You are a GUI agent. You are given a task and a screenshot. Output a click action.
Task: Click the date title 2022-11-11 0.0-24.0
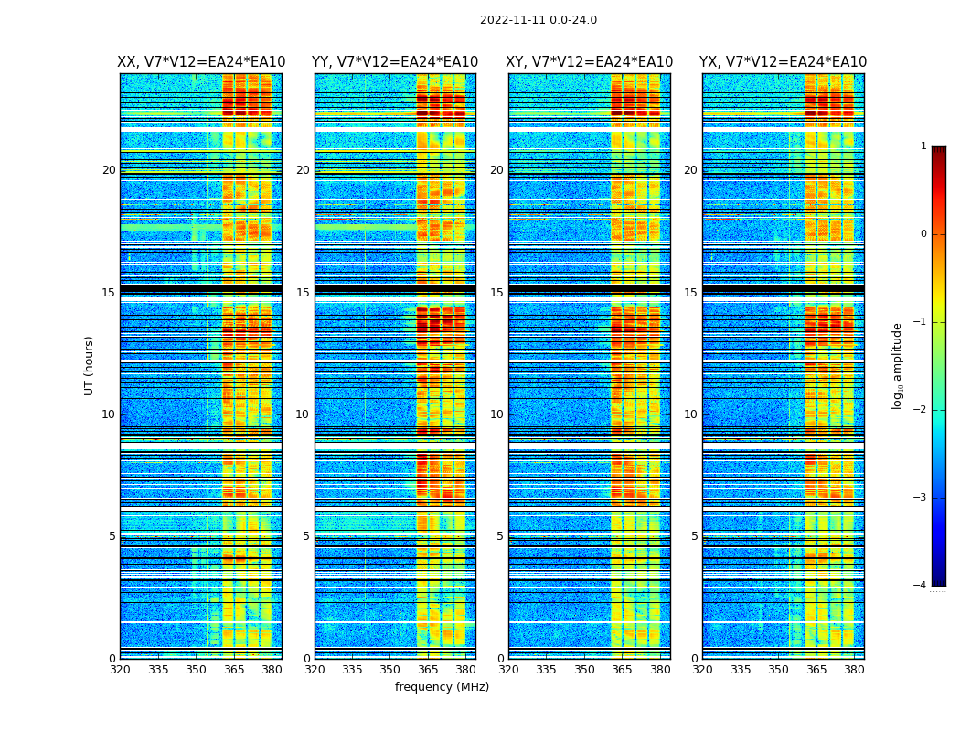tap(539, 20)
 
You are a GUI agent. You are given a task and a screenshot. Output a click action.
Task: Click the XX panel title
tap(201, 62)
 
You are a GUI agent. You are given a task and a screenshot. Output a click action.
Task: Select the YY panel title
tap(395, 62)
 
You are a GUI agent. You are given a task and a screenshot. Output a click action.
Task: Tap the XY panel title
tap(590, 62)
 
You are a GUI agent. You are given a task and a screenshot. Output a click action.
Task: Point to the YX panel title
tap(784, 62)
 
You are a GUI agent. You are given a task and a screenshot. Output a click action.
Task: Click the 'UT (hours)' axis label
tap(90, 365)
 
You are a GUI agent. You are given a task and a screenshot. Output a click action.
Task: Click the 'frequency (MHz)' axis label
tap(442, 687)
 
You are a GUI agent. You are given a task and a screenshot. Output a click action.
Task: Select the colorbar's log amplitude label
tap(898, 365)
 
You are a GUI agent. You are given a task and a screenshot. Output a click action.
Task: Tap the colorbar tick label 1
tap(923, 146)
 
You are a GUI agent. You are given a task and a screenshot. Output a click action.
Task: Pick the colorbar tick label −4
tap(922, 586)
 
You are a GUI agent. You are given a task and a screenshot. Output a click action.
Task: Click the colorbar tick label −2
tap(922, 410)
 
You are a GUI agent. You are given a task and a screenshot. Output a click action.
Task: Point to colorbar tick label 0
tap(923, 234)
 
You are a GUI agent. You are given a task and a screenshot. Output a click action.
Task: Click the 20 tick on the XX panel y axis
tap(109, 170)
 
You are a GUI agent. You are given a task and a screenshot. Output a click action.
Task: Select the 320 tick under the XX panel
tap(120, 670)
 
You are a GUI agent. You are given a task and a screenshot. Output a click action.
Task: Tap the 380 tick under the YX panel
tap(854, 670)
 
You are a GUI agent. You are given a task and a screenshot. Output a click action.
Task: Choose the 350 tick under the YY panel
tap(390, 670)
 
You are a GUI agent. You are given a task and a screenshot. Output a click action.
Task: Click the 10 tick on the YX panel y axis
tap(690, 414)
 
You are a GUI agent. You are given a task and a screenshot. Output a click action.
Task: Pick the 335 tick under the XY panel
tap(547, 670)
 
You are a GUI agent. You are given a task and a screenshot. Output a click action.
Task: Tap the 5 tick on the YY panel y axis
tap(306, 536)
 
